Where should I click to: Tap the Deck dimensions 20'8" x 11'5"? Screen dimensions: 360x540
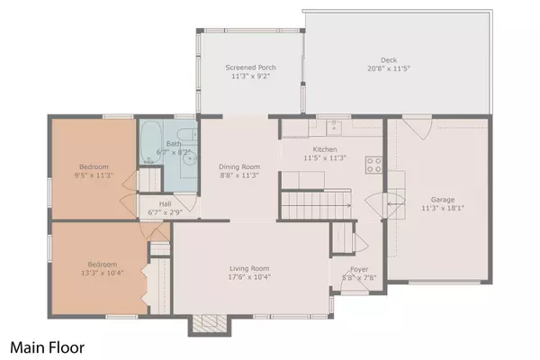pos(388,68)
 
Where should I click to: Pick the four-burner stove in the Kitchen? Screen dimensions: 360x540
pos(374,164)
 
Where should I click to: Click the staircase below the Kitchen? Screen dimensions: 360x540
pos(314,205)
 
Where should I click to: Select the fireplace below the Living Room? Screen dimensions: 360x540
pos(210,323)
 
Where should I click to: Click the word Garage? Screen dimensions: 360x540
pos(442,201)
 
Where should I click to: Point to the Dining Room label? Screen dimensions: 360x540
pos(238,166)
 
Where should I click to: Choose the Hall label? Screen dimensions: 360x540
pos(166,204)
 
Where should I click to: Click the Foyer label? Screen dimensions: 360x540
pos(359,267)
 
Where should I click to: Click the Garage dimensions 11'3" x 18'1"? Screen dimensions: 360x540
pos(442,209)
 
